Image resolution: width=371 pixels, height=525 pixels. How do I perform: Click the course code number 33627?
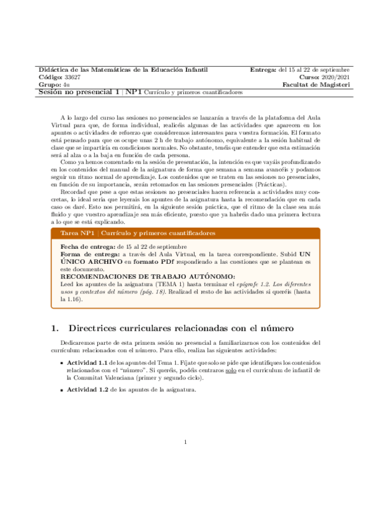point(72,77)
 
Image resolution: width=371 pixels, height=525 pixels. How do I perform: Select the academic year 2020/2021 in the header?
point(334,77)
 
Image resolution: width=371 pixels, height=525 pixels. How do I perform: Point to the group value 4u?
point(66,85)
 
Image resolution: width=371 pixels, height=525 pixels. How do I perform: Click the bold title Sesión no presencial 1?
point(79,92)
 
